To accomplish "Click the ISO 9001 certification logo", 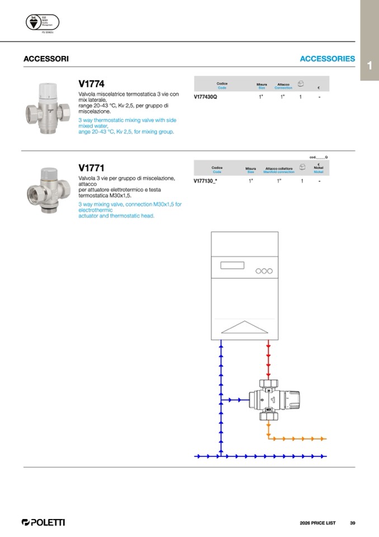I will (42, 23).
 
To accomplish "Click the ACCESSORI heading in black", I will (46, 59).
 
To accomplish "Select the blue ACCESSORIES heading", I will (327, 59).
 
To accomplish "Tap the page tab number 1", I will (369, 66).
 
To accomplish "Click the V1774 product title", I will (92, 85).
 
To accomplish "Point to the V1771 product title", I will (92, 168).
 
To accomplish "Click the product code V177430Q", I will (205, 97).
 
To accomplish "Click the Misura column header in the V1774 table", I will (262, 85).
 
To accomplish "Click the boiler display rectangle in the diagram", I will (232, 265).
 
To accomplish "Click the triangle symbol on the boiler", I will (244, 326).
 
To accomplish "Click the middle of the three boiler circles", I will (264, 271).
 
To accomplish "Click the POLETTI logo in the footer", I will (43, 522).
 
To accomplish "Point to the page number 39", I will (353, 523).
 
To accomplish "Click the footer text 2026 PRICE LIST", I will (318, 523).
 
